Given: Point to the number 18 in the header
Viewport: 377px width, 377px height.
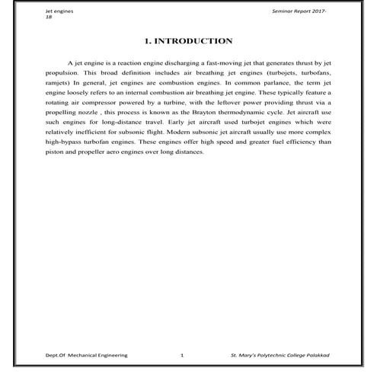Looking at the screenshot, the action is coord(49,18).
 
